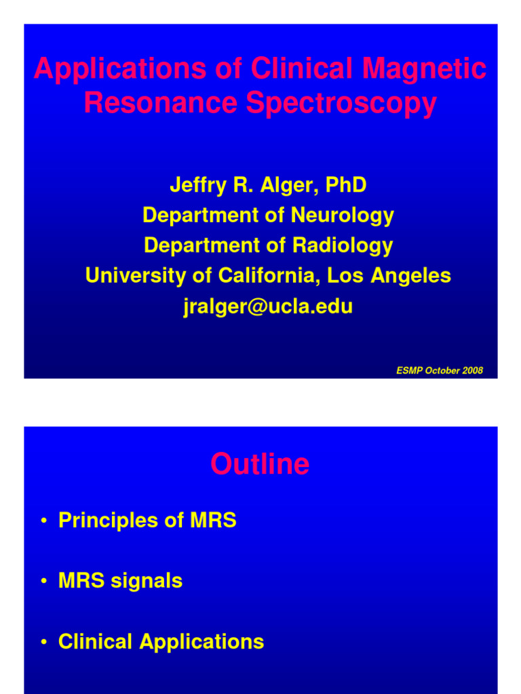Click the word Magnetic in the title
click(425, 69)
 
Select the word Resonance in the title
click(160, 104)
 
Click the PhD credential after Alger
click(346, 185)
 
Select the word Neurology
click(342, 216)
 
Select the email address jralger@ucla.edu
click(268, 306)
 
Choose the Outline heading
click(260, 464)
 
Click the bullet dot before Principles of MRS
click(43, 521)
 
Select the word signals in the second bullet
click(150, 581)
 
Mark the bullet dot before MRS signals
click(43, 581)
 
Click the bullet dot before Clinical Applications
click(43, 642)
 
